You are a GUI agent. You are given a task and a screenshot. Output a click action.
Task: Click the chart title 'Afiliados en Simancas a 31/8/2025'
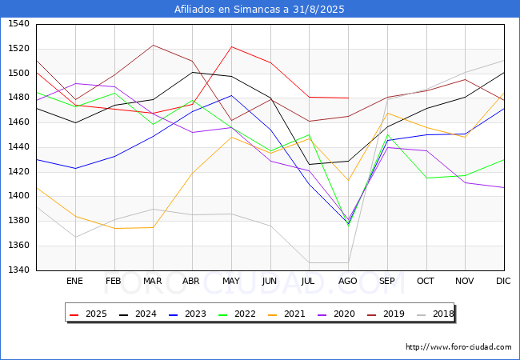point(259,10)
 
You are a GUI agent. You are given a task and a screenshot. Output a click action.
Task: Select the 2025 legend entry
point(88,314)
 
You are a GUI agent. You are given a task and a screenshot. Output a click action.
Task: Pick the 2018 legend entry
point(435,314)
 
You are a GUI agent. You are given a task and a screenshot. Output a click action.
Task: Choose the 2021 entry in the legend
point(286,314)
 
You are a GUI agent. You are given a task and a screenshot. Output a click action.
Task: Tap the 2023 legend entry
point(187,314)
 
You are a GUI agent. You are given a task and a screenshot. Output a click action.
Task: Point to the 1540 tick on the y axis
point(19,23)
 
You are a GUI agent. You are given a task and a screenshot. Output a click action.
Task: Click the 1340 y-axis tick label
point(19,270)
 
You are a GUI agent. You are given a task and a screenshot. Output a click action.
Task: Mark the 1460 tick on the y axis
point(19,122)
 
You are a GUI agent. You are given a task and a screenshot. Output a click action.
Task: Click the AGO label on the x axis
point(347,281)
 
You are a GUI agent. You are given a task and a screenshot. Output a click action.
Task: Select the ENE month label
point(74,281)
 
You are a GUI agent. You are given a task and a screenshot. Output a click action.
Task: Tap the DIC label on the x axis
point(503,281)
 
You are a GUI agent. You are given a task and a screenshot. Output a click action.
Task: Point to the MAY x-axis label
point(231,281)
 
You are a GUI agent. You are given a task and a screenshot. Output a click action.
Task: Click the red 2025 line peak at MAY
point(231,46)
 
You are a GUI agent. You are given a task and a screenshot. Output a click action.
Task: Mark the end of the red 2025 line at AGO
point(348,98)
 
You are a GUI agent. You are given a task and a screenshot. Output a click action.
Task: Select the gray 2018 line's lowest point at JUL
point(310,263)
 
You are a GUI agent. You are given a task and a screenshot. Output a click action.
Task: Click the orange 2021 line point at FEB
point(114,228)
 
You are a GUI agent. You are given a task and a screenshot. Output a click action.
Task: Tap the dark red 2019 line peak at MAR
point(154,45)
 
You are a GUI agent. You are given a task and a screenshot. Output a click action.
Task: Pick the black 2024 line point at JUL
point(310,165)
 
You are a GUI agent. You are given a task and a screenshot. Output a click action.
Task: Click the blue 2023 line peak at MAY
point(231,95)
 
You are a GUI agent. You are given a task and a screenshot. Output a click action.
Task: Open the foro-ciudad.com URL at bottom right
point(458,347)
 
